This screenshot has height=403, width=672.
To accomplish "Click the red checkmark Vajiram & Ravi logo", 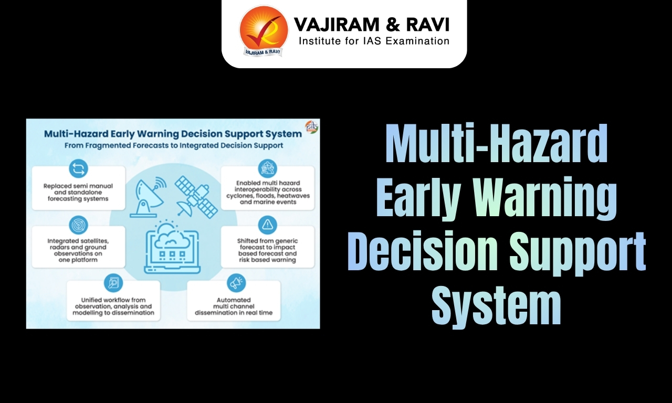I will pos(264,30).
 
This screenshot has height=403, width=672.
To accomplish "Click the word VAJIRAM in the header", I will pos(328,24).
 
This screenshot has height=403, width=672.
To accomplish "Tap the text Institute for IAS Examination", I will pos(374,41).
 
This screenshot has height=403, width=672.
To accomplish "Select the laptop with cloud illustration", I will pos(172,247).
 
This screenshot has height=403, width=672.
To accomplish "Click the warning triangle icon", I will pos(267,225).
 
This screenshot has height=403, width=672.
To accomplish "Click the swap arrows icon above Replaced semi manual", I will pos(78,168).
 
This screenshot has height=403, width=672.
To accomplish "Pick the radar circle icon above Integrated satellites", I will pos(78,225).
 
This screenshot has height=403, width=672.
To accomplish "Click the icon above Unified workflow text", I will pos(113,282).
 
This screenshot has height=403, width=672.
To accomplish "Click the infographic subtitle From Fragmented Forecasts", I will pos(173,145).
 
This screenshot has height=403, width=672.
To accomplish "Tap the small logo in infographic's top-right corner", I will pos(311,127).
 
